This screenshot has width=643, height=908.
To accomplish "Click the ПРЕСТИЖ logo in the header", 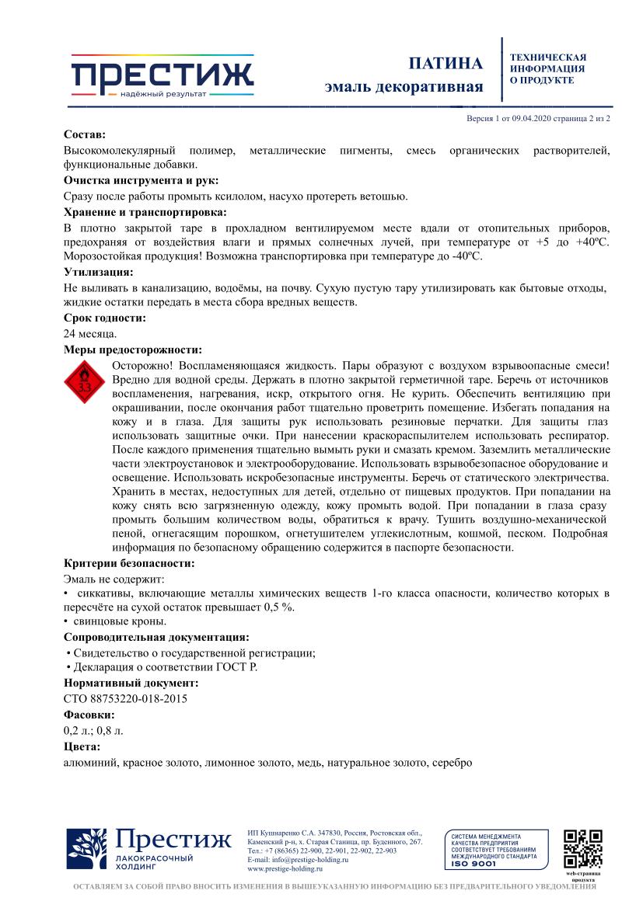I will (162, 76).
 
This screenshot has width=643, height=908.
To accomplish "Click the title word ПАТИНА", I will (446, 64).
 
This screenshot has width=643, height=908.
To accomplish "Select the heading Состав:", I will (85, 134).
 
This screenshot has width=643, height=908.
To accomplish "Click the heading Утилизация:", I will (98, 272).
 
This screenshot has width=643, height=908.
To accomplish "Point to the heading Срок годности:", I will (104, 318).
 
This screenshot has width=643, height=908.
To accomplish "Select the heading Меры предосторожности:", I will (132, 350).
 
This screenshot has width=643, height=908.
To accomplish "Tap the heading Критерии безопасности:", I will (129, 563).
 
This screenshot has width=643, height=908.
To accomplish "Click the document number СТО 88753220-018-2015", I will (125, 698).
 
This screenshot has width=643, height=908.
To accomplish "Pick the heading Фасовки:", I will (89, 715).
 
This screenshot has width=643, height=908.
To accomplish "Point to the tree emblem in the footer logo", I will (87, 850).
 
